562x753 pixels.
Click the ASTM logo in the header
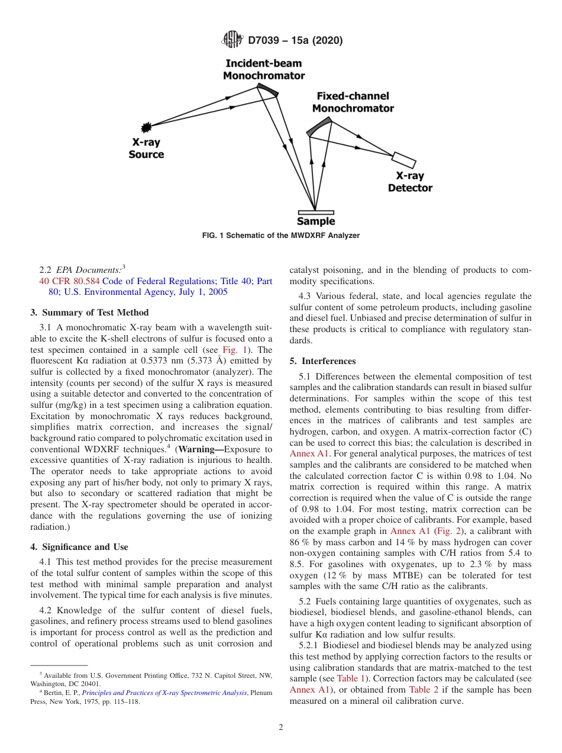point(231,40)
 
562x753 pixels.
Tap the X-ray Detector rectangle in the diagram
point(404,160)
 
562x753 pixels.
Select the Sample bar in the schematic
point(315,212)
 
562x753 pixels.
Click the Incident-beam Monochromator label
point(264,69)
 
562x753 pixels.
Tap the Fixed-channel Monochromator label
point(353,102)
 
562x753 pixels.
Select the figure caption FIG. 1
point(281,236)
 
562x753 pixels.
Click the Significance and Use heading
point(79,547)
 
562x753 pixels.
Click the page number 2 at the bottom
point(281,728)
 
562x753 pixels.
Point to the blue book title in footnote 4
point(164,693)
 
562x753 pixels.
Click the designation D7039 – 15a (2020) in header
point(295,41)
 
